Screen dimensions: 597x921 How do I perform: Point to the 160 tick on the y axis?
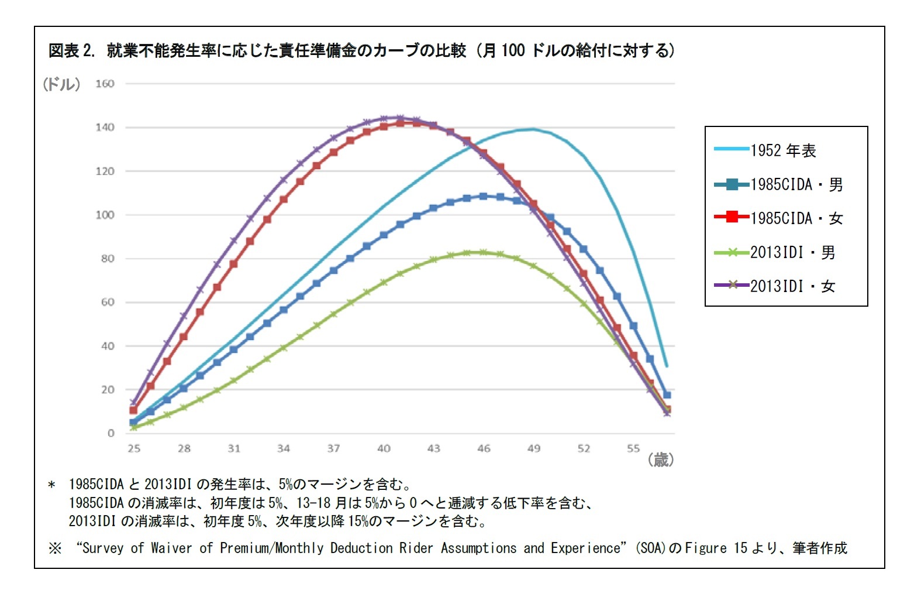(x=105, y=84)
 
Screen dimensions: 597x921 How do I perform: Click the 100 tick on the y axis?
(x=105, y=215)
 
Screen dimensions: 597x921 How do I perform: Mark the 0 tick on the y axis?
(x=111, y=433)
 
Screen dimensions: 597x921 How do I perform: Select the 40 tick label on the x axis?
(x=384, y=448)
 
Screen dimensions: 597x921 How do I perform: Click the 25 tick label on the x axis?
(x=134, y=448)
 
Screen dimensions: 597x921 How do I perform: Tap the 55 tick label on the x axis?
(x=633, y=448)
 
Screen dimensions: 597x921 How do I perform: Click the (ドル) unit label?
(x=61, y=84)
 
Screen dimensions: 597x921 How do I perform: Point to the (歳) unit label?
(x=660, y=460)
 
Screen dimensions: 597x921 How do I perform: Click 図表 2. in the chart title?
(x=71, y=50)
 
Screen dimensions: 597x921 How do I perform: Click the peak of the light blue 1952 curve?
(x=533, y=129)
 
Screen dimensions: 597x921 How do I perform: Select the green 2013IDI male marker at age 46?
(x=483, y=252)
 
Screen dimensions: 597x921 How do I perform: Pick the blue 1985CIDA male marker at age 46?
(x=483, y=196)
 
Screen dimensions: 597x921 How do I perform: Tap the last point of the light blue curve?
(x=667, y=366)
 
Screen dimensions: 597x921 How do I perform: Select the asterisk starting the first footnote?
(x=52, y=485)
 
